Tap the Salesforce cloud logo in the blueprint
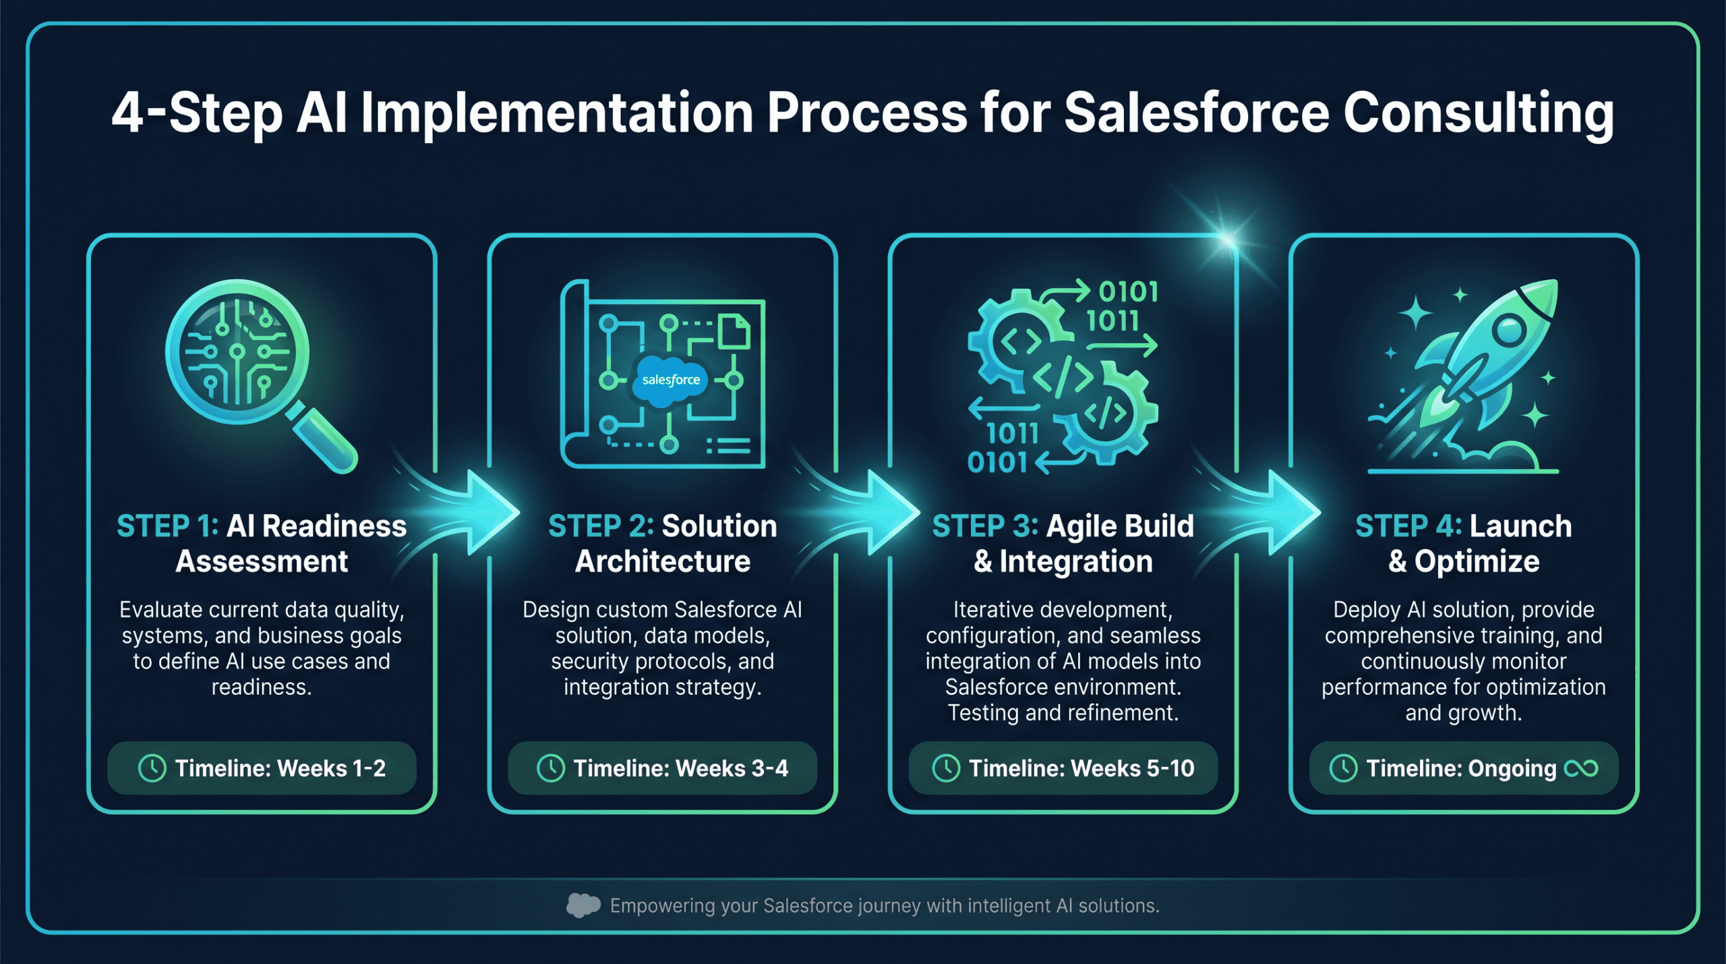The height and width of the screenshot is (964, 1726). click(669, 380)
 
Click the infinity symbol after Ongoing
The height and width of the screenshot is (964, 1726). click(1580, 768)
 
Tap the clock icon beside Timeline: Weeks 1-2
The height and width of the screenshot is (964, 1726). click(152, 768)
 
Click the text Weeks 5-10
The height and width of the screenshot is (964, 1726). click(1132, 768)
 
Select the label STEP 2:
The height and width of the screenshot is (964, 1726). click(600, 526)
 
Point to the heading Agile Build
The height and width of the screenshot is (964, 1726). click(1119, 526)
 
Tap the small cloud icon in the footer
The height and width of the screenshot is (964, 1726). click(583, 905)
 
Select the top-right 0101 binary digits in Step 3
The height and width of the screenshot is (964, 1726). click(1128, 292)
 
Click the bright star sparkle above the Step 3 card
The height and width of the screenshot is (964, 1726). click(1227, 239)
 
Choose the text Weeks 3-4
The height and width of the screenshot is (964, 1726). click(732, 768)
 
